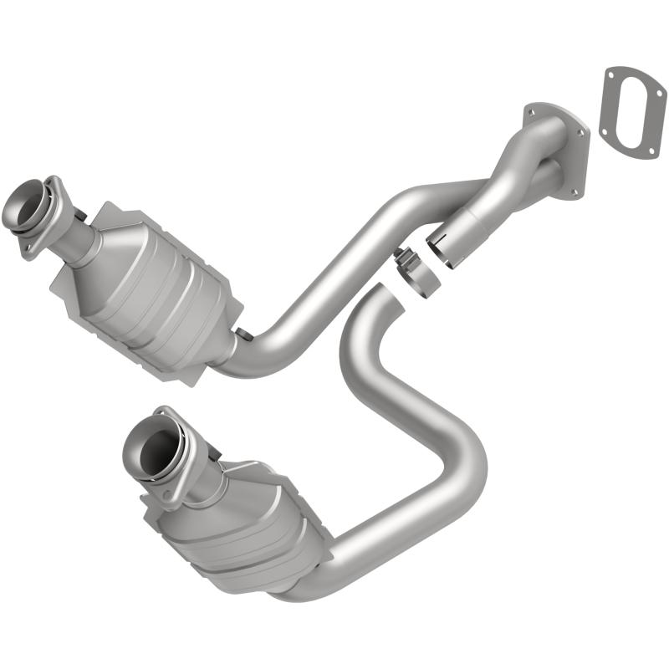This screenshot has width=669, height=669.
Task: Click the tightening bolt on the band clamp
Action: coord(401,256)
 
